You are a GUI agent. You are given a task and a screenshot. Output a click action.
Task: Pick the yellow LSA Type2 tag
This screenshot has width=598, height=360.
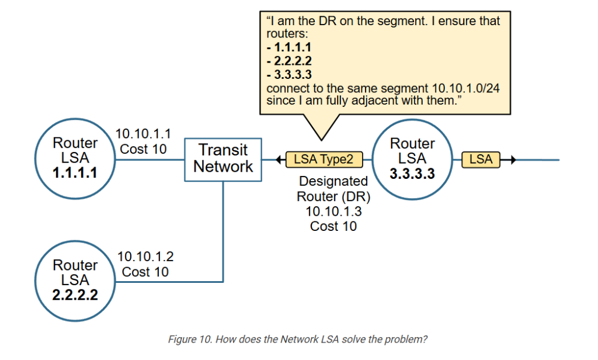click(324, 159)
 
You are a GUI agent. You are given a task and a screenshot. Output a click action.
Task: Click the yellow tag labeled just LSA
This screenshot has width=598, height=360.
click(481, 159)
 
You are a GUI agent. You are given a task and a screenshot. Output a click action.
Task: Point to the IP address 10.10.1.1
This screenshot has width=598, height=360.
click(143, 134)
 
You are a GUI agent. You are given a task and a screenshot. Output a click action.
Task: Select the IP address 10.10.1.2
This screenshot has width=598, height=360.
click(145, 257)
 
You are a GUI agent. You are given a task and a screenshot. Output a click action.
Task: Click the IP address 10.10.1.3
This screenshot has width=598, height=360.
click(333, 211)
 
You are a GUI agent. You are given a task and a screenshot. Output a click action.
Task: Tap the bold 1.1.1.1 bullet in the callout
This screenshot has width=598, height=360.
click(289, 47)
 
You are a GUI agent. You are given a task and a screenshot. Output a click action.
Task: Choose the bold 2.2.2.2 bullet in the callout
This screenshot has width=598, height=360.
click(289, 61)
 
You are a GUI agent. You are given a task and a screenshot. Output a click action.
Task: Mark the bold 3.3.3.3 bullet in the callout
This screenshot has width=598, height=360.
click(289, 74)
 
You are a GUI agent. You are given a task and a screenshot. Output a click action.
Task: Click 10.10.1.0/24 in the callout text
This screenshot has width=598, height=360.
click(465, 88)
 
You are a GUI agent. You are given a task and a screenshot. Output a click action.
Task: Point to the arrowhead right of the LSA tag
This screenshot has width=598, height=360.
click(513, 160)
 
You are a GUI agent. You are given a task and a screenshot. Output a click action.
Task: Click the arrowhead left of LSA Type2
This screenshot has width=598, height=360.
click(279, 160)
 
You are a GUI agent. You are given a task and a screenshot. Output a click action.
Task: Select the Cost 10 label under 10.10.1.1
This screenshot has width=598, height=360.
click(143, 149)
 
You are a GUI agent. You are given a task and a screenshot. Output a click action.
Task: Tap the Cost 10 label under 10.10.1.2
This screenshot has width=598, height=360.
click(145, 272)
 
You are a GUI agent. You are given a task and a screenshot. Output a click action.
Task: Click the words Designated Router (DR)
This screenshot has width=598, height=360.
click(333, 189)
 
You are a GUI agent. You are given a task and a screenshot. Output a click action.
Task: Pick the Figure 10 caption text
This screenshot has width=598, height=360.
click(298, 339)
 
